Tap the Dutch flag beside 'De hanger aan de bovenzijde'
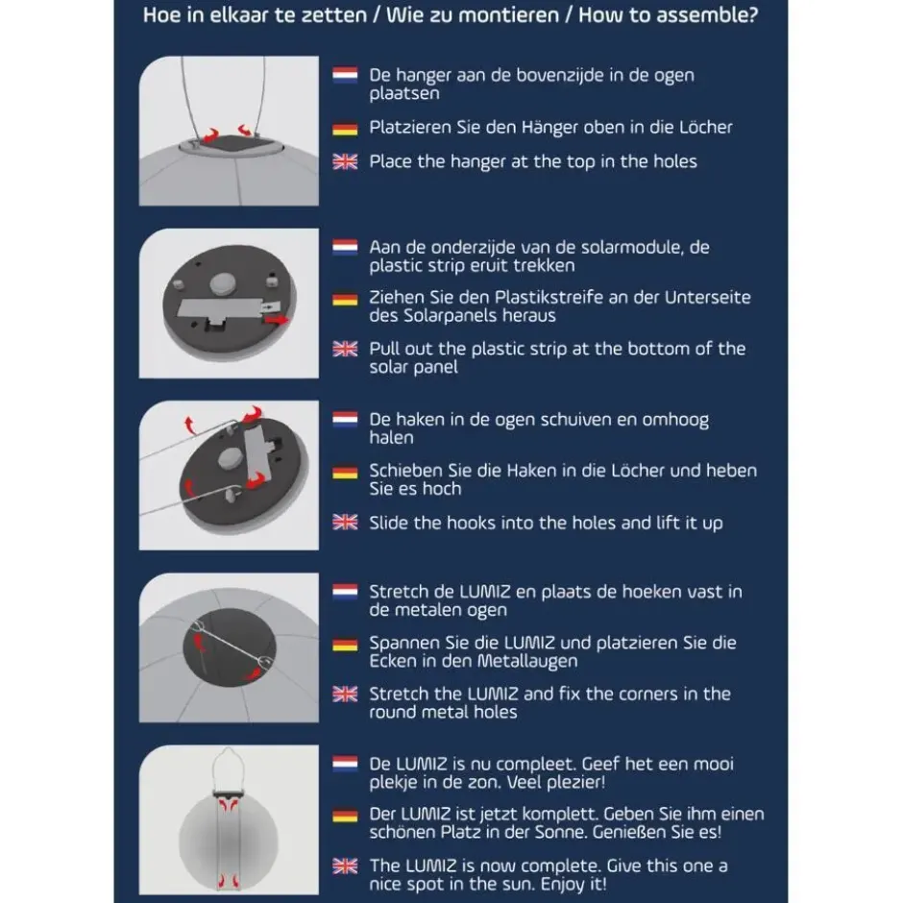(x=345, y=75)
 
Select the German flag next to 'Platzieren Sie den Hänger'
(x=345, y=129)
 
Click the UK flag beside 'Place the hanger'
(x=345, y=161)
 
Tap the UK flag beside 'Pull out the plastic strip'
(x=345, y=349)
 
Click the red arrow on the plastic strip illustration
(x=277, y=320)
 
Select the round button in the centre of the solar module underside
(x=223, y=282)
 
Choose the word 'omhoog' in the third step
(x=675, y=420)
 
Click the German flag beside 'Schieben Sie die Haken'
(x=345, y=473)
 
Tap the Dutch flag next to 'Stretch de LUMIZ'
(x=345, y=592)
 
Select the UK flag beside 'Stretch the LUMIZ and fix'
(x=345, y=694)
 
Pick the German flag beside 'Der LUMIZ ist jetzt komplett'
(x=345, y=816)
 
